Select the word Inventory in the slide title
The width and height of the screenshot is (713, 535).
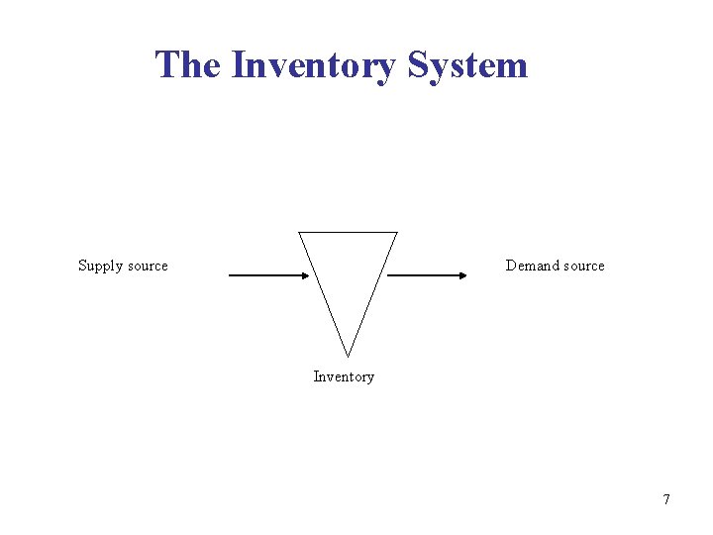[313, 66]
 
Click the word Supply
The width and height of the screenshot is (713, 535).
[100, 266]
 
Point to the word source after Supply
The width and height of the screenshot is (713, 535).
[147, 266]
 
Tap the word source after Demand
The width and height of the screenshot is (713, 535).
[582, 266]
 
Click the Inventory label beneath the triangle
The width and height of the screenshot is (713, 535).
[344, 376]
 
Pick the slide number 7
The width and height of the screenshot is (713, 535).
[666, 499]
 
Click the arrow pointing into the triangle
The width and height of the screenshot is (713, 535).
[267, 276]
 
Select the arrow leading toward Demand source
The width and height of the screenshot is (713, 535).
[426, 276]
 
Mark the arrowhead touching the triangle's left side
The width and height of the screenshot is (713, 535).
[304, 276]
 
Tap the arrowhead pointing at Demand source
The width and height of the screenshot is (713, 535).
[460, 276]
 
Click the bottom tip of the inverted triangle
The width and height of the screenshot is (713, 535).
[348, 356]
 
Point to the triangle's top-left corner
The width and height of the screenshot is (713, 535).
[299, 233]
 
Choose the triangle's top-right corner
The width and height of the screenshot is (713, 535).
[396, 233]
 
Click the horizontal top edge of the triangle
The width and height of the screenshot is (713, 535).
[348, 233]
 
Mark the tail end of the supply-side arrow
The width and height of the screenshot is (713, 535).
[231, 276]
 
